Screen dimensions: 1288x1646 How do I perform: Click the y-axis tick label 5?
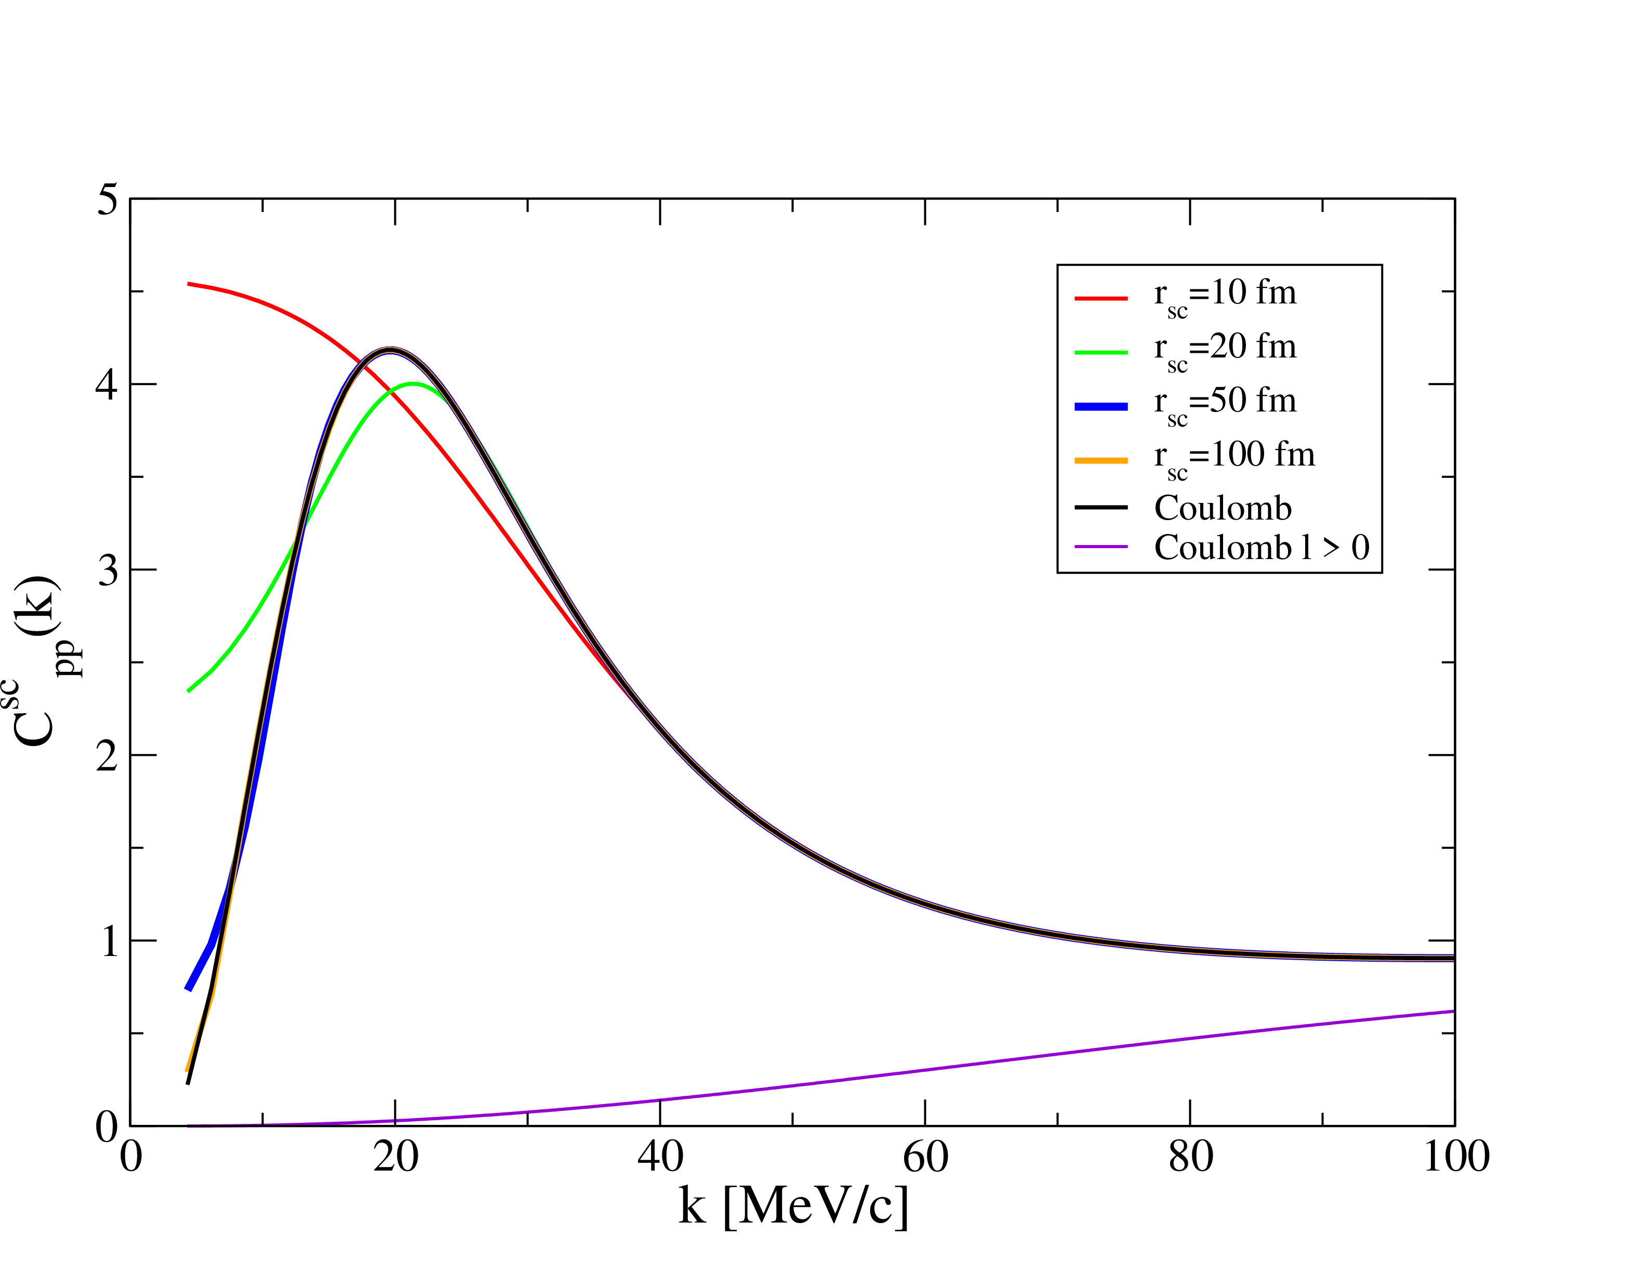[x=109, y=200]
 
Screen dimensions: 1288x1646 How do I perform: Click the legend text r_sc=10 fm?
[x=1225, y=294]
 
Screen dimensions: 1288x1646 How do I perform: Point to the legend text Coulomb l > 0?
[x=1262, y=548]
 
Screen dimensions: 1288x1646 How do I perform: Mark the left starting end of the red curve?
[x=189, y=284]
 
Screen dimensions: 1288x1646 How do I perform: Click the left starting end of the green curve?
[x=189, y=691]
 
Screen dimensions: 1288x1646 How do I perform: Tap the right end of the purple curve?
[x=1453, y=1011]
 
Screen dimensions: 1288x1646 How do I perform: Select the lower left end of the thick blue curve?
[x=189, y=989]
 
